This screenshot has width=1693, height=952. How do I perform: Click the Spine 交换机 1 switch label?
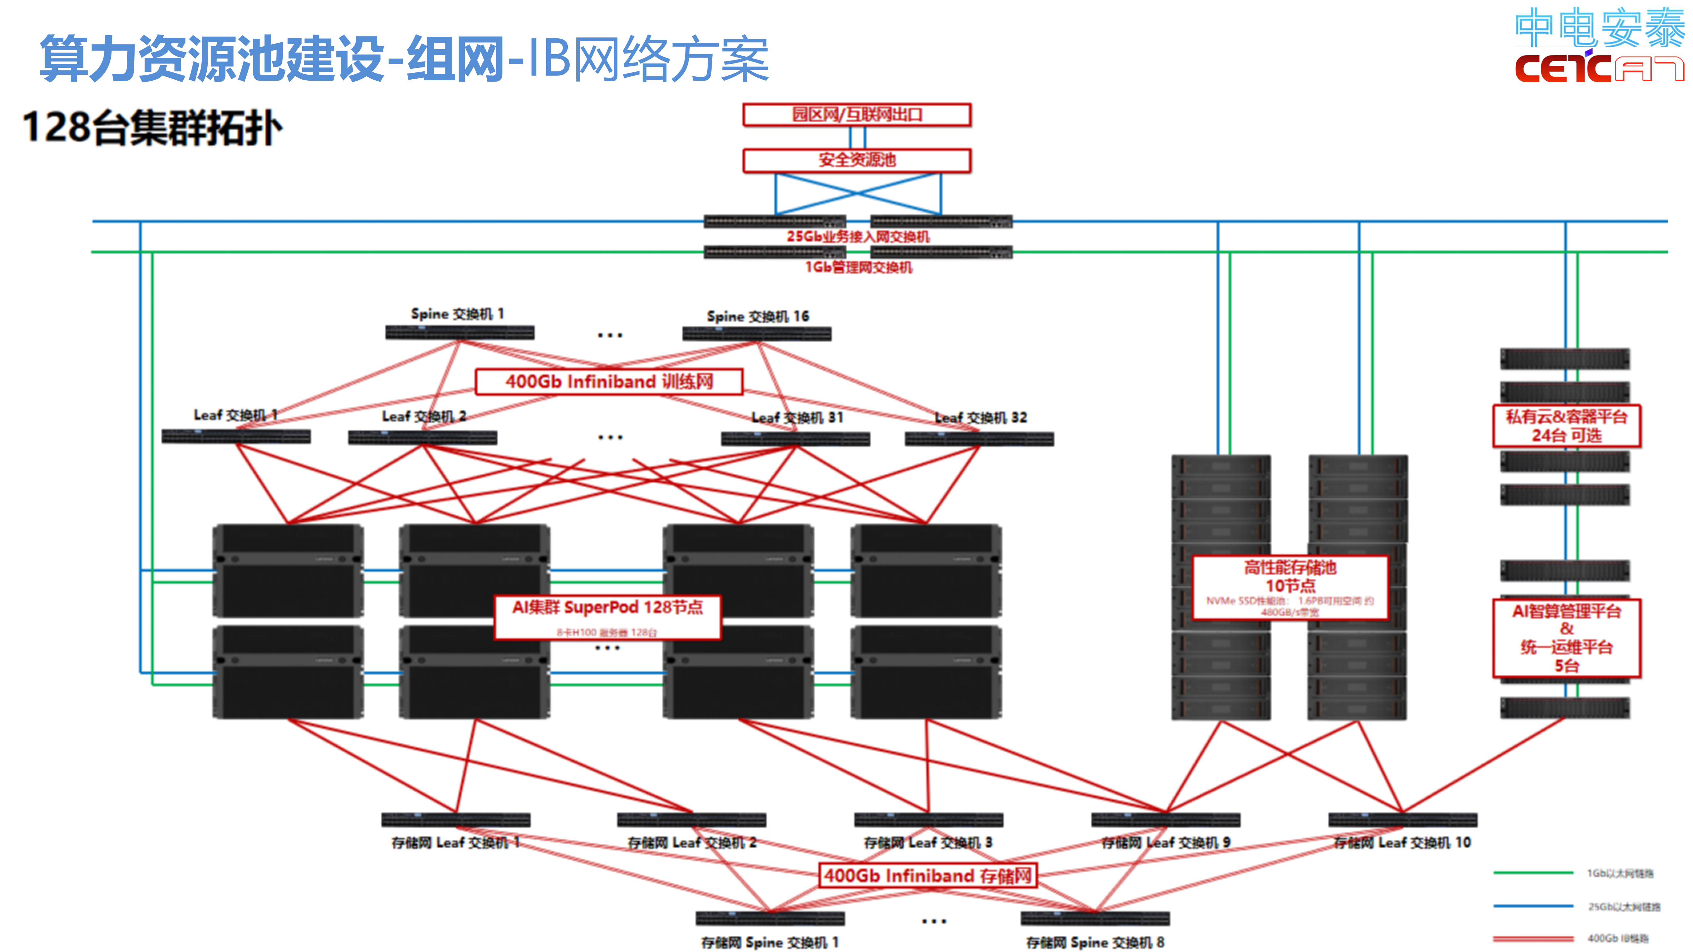tap(457, 314)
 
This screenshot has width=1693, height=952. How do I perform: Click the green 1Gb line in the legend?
tap(1533, 873)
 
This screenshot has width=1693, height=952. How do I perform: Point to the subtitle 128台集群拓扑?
tap(152, 128)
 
